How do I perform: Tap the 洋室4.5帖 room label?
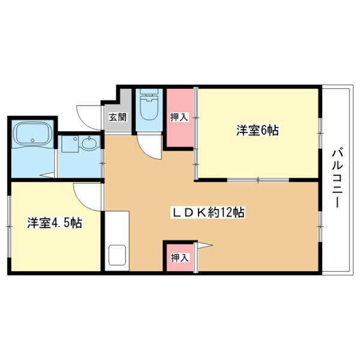click(x=54, y=223)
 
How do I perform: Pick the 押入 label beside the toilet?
click(x=179, y=118)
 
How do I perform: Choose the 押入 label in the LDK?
click(x=179, y=258)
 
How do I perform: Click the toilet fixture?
click(x=147, y=109)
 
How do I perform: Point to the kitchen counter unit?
click(x=116, y=240)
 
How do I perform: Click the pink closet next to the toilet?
click(x=179, y=118)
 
